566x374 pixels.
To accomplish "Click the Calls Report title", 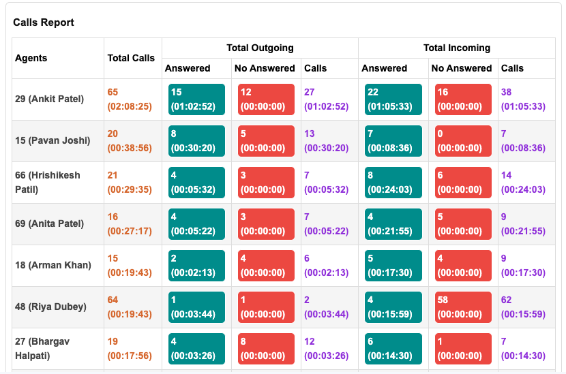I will tap(44, 22).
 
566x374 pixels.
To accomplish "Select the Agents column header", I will tap(31, 58).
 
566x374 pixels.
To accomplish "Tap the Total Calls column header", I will tap(131, 58).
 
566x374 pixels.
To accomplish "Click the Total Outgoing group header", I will tap(260, 48).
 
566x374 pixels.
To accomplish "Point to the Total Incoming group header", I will tap(456, 48).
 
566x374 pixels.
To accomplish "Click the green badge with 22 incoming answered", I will tap(393, 99).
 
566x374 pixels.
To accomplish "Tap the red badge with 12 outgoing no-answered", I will tap(266, 99).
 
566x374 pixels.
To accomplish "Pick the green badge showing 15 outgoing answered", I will tap(196, 99).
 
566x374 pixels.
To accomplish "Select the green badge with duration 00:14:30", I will tap(393, 348).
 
